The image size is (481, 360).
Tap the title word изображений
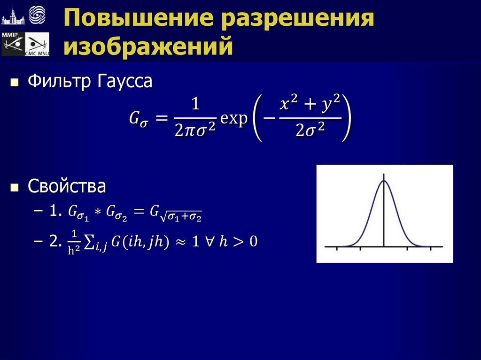tap(149, 47)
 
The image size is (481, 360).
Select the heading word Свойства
tap(67, 186)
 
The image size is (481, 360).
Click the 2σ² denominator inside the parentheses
tap(311, 131)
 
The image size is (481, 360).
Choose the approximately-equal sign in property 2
tap(181, 242)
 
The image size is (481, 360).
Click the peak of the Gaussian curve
tap(384, 181)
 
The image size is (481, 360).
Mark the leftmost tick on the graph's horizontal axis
tap(337, 247)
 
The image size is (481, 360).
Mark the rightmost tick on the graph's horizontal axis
tap(430, 247)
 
